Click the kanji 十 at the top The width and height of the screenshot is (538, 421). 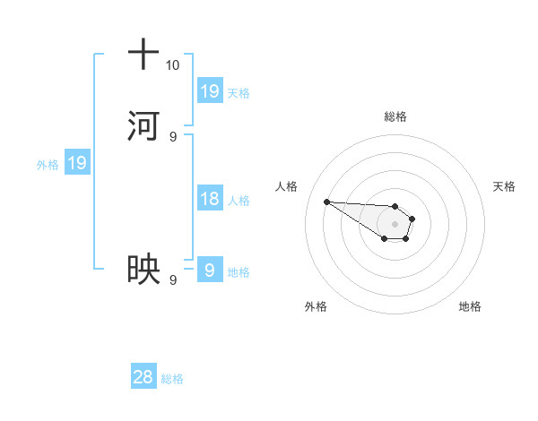point(143,55)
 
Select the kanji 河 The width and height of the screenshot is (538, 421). point(143,125)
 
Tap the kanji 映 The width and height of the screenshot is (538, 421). point(143,270)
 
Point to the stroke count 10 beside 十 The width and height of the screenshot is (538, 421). point(172,65)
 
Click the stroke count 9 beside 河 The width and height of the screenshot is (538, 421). point(172,136)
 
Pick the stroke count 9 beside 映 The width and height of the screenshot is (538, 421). point(172,280)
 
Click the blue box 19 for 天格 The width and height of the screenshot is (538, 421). point(210,91)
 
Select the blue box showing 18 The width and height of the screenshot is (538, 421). point(210,199)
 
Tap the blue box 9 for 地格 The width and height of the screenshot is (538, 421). point(210,271)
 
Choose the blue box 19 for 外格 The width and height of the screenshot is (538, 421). point(77,163)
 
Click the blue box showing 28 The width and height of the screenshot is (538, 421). point(143,377)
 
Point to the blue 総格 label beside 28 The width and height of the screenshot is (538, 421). point(172,379)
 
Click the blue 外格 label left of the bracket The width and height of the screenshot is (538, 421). point(48,165)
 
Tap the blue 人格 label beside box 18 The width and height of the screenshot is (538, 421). point(239,201)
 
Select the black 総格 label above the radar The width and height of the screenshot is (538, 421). point(395,116)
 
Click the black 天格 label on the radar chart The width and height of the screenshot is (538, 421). point(505,186)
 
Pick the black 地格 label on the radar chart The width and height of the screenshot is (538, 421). point(470,306)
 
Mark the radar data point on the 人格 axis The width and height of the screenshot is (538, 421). point(326,202)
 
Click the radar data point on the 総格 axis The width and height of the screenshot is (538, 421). point(395,206)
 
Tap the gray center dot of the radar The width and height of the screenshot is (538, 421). point(395,224)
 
